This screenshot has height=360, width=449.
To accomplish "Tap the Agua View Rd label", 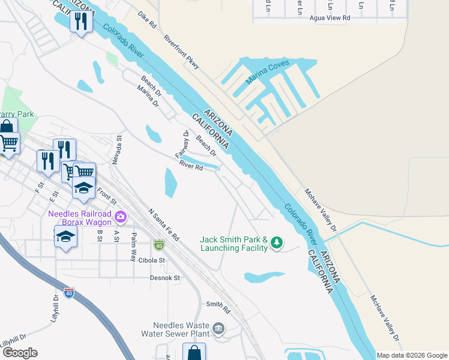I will click(330, 18).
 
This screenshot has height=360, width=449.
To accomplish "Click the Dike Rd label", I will click(146, 20).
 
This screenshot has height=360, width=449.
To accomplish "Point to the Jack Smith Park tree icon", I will click(276, 242).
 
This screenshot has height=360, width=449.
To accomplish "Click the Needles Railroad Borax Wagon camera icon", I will click(121, 215).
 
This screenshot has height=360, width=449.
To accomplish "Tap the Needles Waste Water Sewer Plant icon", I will click(218, 328).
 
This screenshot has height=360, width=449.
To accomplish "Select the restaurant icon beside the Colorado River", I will click(79, 22).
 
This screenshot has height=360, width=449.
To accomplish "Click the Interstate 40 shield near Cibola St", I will click(158, 245).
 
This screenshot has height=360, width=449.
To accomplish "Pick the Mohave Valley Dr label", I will click(321, 210).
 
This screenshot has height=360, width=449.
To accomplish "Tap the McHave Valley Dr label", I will click(384, 316).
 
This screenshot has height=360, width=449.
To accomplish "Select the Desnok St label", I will click(164, 278).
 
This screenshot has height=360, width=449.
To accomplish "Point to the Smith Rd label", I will click(218, 308).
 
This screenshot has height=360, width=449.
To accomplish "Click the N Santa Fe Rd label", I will click(164, 225).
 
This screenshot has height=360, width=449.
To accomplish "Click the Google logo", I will click(19, 353).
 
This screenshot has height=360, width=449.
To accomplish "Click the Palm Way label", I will click(133, 247).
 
